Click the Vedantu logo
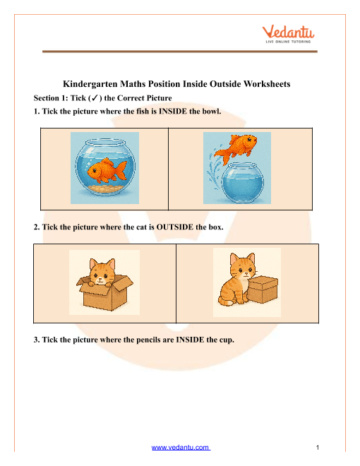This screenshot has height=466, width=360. coord(288,35)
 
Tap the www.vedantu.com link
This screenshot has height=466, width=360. coord(181,447)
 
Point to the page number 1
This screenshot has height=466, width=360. coord(318,448)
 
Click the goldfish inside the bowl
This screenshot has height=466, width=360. coord(107,171)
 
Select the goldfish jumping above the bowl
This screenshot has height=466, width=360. coord(236,148)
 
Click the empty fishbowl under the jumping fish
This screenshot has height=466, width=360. coord(243,181)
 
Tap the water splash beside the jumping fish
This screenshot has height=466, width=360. coord(215,170)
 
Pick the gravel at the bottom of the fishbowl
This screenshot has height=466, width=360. coord(104,188)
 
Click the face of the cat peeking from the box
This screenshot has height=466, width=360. coord(102,272)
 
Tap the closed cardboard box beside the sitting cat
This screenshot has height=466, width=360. coord(263,289)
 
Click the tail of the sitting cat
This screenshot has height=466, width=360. coord(226,301)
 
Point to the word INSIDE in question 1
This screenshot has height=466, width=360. coord(173,112)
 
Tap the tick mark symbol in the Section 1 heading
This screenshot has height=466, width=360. coord(95,97)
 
